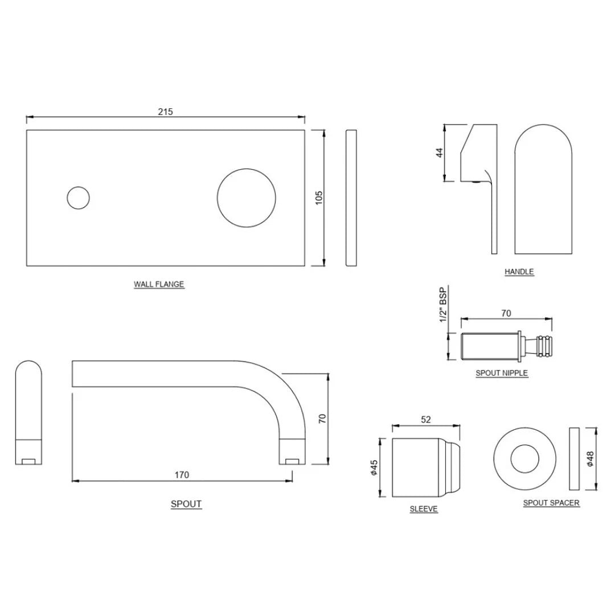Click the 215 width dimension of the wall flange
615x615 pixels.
point(165,112)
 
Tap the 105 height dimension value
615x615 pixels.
point(319,197)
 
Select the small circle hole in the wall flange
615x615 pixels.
point(78,198)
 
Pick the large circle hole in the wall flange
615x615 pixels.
point(247,197)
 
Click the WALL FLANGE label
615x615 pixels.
point(159,284)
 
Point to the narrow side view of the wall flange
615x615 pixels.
point(351,198)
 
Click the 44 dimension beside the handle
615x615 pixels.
point(439,153)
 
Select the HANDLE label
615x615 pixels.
point(519,272)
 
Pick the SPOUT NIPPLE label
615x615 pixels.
point(502,373)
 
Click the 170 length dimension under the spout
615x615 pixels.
point(182,474)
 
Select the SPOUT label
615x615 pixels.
point(186,504)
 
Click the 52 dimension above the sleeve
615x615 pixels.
point(426,419)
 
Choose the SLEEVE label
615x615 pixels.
point(424,509)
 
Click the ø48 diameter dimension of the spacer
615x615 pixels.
point(590,459)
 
